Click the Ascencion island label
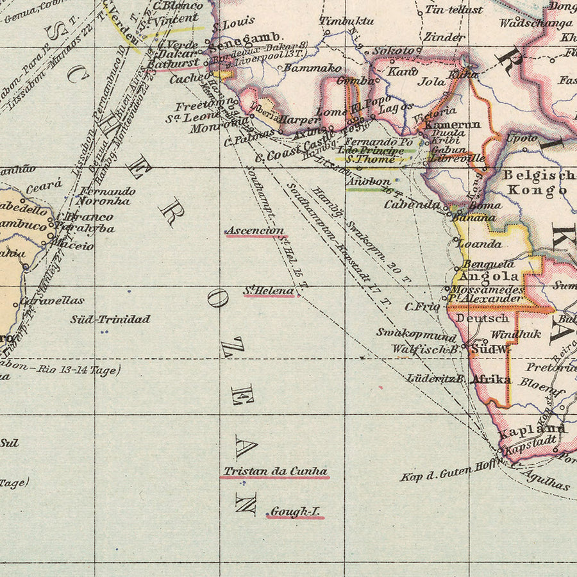[255, 231]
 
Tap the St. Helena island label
[269, 291]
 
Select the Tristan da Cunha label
[275, 471]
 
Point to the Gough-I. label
[295, 512]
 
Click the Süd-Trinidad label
[110, 319]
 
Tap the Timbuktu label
[347, 21]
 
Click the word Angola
[490, 276]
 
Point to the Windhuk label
[515, 334]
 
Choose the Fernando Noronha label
[107, 196]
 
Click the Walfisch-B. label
[426, 349]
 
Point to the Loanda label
[478, 244]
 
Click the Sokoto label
[393, 50]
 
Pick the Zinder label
[444, 37]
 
